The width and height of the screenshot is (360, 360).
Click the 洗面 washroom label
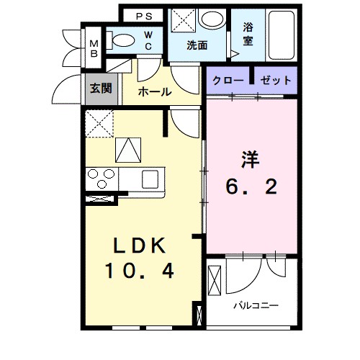(197, 45)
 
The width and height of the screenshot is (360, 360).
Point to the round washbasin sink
(212, 19)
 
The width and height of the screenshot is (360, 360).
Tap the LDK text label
(140, 246)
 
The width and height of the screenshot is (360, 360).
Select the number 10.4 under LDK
(141, 271)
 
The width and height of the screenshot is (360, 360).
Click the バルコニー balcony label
(255, 305)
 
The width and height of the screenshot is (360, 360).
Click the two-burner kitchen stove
(102, 176)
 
